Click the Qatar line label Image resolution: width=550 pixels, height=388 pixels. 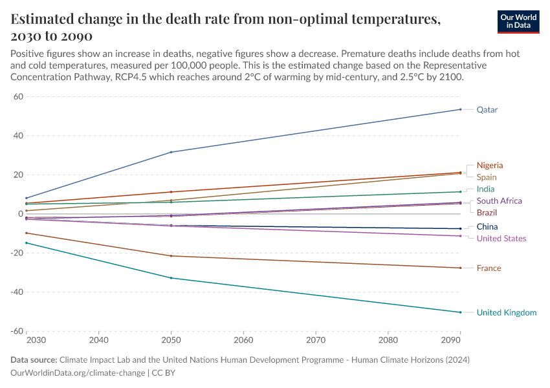pos(487,110)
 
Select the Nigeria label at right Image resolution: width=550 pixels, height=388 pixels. pos(490,166)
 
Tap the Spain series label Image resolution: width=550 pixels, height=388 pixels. pos(487,177)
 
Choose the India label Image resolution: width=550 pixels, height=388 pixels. pos(485,189)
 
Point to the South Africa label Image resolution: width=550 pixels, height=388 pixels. pos(499,201)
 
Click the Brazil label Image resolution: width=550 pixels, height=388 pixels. pos(487,213)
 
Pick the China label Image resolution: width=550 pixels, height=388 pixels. pos(487,227)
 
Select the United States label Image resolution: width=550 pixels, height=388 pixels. pos(501,239)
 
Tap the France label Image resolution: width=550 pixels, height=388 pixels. pos(489,268)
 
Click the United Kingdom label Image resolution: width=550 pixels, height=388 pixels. pos(507,313)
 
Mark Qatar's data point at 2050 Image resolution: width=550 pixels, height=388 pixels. pos(171,152)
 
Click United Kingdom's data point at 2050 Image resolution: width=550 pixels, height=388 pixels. pos(171,278)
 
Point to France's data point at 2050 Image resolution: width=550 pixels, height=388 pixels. pos(171,256)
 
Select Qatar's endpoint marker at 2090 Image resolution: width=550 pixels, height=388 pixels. pos(460,109)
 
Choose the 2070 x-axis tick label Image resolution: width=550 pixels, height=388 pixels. pos(315,339)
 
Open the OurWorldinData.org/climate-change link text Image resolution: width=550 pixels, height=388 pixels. pos(78,373)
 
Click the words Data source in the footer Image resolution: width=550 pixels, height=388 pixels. pos(33,360)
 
